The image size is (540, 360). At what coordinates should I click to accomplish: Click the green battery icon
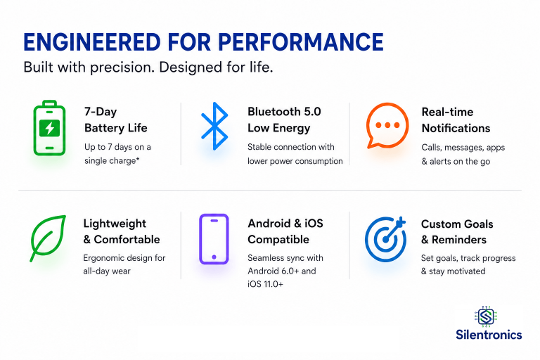tap(49, 128)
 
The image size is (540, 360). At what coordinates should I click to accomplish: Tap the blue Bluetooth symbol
tap(214, 126)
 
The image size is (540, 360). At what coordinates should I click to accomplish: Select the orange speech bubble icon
tap(387, 126)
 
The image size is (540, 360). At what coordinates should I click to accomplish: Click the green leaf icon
tap(48, 238)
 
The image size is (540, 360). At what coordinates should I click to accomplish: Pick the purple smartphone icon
tap(214, 239)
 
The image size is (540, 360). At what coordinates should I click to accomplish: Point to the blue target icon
tap(385, 239)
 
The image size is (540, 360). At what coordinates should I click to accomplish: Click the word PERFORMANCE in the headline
tap(301, 42)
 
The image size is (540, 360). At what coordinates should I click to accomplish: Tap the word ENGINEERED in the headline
tap(92, 42)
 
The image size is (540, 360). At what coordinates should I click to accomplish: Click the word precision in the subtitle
tap(122, 67)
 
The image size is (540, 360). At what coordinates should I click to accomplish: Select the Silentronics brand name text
tap(489, 335)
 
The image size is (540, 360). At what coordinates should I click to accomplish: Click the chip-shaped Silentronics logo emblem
tap(486, 316)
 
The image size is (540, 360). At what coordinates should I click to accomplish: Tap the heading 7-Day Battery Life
tap(116, 120)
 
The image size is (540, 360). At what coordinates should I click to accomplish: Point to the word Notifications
tap(456, 128)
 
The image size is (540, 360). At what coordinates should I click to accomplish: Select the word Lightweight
tap(115, 224)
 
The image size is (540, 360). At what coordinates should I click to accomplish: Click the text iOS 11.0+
tap(265, 284)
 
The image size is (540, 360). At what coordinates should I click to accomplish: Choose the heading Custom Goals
tap(457, 224)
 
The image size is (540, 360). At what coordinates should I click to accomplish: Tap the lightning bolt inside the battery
tap(50, 128)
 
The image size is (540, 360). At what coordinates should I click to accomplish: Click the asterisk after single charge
tap(137, 159)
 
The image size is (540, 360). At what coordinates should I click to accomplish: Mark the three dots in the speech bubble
tap(387, 125)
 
